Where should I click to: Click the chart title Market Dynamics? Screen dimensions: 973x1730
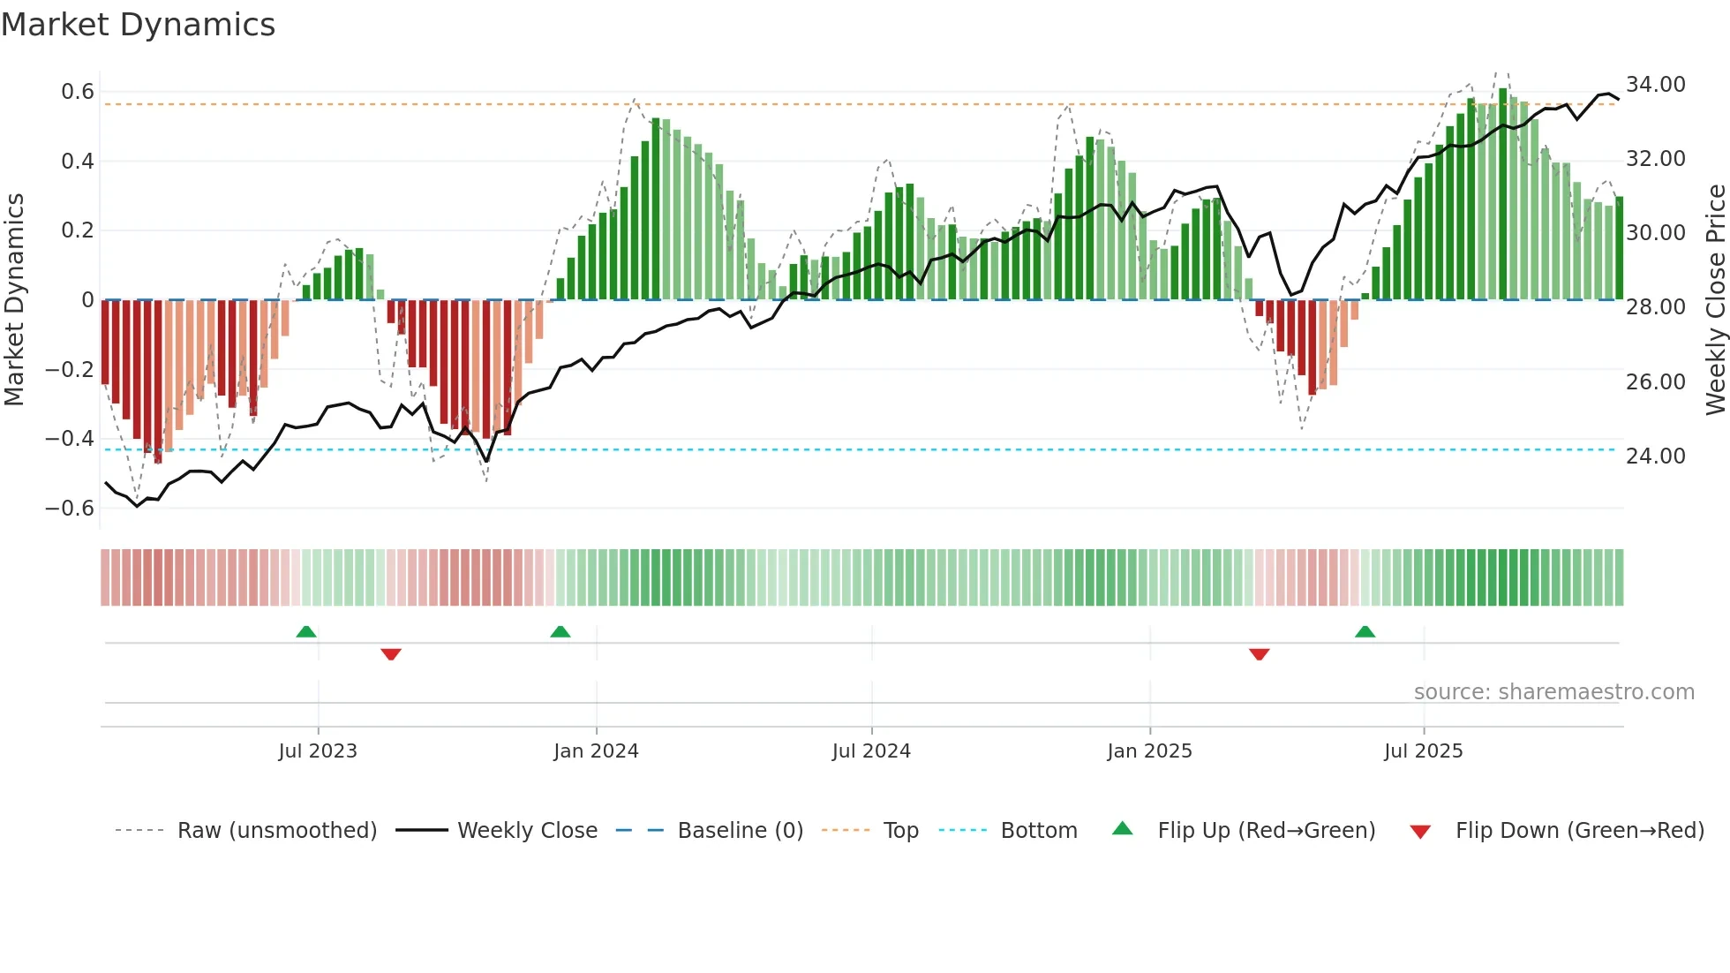click(x=138, y=25)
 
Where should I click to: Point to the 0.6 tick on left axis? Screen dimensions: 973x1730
click(x=77, y=92)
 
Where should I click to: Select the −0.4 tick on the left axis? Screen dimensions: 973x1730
click(x=69, y=439)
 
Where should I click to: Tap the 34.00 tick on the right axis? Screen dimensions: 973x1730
click(x=1655, y=85)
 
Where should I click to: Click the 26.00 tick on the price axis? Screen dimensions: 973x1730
click(x=1655, y=382)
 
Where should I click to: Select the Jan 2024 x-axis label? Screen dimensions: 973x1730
click(x=596, y=751)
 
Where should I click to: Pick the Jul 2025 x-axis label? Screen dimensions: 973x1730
click(x=1423, y=751)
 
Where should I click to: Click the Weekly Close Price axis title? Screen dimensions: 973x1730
click(x=1715, y=300)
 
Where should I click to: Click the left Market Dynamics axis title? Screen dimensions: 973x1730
click(x=15, y=300)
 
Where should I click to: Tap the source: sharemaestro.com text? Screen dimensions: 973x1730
click(x=1553, y=692)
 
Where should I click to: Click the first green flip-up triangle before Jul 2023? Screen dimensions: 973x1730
click(x=306, y=632)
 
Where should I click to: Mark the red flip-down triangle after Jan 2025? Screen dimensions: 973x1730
click(x=1260, y=654)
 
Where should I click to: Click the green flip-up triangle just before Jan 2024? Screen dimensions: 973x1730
click(x=560, y=632)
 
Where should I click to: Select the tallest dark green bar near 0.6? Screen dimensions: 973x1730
click(x=1503, y=194)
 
